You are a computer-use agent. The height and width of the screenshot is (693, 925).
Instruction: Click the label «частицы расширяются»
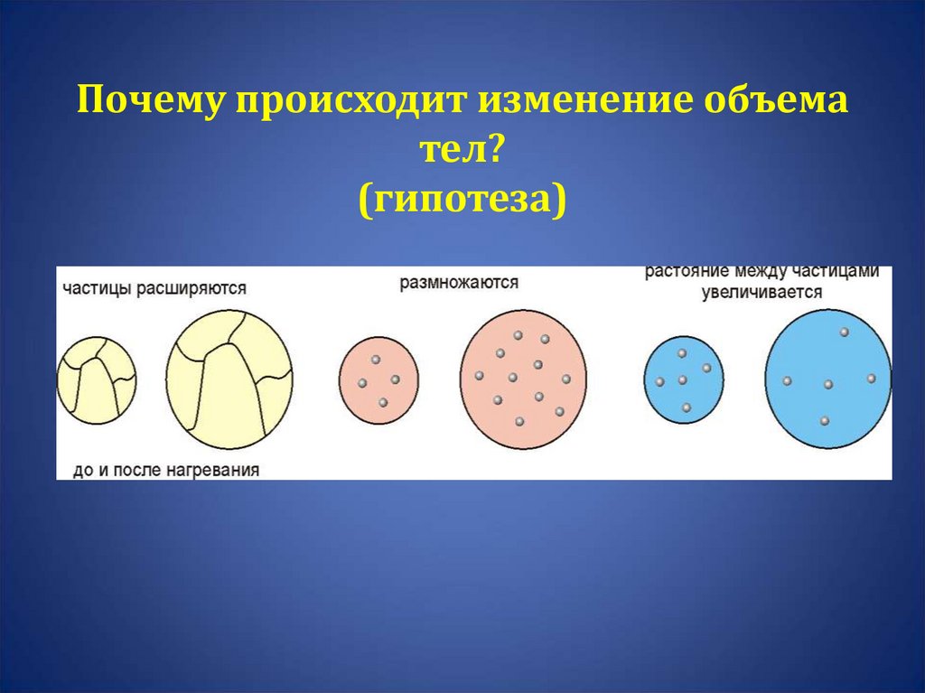point(154,289)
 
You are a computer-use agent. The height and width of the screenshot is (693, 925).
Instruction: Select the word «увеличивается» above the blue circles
point(763,293)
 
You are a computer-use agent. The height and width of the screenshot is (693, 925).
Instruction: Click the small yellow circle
point(97,379)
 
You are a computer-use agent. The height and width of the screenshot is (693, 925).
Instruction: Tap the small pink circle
point(378,379)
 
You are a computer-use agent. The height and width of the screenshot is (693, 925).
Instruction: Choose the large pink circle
point(523,379)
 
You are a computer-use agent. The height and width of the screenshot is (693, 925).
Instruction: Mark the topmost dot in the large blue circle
point(845,332)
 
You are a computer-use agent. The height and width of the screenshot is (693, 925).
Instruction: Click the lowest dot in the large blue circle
point(825,421)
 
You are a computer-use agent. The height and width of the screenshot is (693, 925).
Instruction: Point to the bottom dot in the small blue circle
point(687,408)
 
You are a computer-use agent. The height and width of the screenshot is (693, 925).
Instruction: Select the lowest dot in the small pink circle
point(383,402)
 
